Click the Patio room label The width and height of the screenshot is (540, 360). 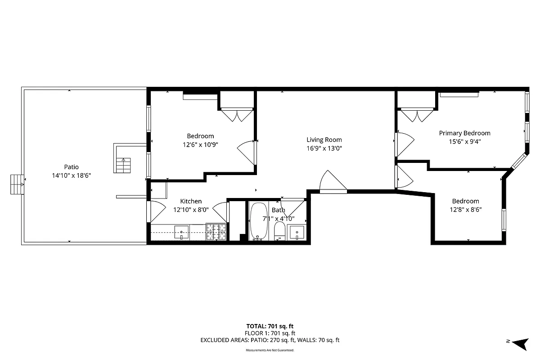coord(71,167)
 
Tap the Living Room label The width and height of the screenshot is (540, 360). coord(324,140)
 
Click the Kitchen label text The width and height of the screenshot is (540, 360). coord(191,201)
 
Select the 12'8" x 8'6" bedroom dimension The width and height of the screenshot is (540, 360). coord(465,209)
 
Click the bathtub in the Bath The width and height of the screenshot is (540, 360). coord(258,221)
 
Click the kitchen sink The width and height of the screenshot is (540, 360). coord(182,232)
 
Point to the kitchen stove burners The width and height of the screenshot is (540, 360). coord(216,232)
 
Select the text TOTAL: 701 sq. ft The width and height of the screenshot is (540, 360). coord(270,326)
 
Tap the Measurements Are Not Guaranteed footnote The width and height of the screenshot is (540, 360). coord(270,350)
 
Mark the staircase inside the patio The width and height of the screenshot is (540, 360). coord(123,165)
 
